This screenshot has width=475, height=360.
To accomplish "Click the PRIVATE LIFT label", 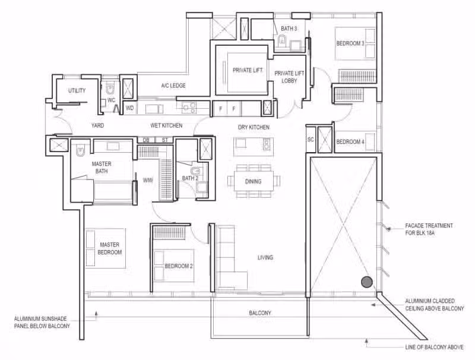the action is (x=248, y=70).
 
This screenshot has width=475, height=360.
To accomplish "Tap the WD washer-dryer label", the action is (x=129, y=108).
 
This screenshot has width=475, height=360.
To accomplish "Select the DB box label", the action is (x=146, y=140).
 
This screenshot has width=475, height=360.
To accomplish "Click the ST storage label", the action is (x=165, y=140).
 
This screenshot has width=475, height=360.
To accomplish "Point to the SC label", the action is (x=311, y=140).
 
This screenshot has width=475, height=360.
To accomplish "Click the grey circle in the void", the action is (x=367, y=282).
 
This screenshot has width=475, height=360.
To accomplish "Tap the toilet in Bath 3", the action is (x=282, y=40).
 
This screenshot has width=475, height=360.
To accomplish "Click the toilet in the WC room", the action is (x=110, y=89).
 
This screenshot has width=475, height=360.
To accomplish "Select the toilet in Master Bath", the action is (x=80, y=151).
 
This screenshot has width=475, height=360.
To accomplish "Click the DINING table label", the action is (x=254, y=182).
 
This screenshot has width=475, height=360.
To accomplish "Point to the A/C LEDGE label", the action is (x=173, y=86).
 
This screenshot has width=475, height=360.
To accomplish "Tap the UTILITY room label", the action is (x=77, y=90).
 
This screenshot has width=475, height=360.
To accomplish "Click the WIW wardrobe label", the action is (x=148, y=181).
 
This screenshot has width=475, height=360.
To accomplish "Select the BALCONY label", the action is (x=260, y=312).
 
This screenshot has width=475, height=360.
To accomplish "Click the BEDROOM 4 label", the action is (x=350, y=141).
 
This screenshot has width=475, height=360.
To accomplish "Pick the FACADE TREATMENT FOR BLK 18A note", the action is (x=429, y=229).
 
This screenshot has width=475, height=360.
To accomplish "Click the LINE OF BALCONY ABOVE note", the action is (x=435, y=347).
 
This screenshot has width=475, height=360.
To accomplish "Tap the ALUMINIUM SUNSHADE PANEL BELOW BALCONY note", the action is (x=42, y=323).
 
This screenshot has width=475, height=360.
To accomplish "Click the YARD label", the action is (x=97, y=125).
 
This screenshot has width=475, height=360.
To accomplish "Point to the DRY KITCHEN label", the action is (x=254, y=127).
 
